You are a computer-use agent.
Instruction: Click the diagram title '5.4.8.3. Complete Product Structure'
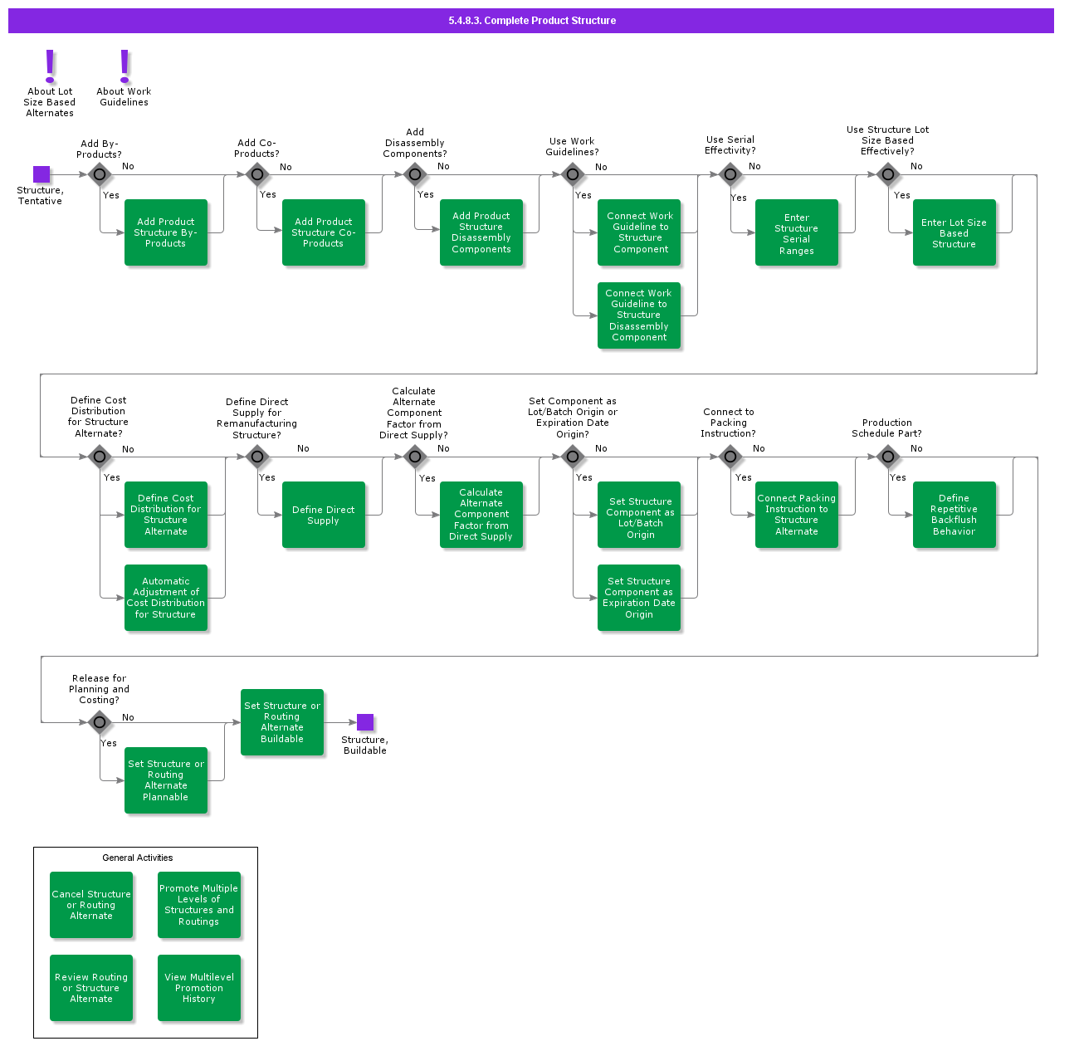click(x=532, y=21)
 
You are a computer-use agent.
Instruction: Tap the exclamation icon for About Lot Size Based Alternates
click(x=50, y=66)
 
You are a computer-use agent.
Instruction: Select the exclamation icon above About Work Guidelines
click(x=124, y=66)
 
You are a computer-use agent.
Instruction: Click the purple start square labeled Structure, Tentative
click(x=41, y=174)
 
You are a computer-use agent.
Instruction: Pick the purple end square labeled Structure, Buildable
click(x=365, y=722)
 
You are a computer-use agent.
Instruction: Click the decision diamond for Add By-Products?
click(x=100, y=174)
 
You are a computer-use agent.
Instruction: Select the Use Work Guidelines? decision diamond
click(x=573, y=174)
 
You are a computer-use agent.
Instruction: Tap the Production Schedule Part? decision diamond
click(x=888, y=457)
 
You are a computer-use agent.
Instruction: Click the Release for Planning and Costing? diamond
click(x=100, y=722)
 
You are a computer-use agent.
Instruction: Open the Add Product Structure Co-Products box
click(x=324, y=232)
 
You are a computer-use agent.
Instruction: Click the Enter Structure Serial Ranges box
click(x=797, y=232)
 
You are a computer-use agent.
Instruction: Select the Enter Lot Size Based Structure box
click(x=954, y=232)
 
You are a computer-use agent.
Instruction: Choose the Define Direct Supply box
click(x=324, y=515)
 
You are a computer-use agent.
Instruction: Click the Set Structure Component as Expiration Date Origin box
click(x=639, y=598)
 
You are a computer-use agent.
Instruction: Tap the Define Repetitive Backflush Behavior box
click(x=954, y=515)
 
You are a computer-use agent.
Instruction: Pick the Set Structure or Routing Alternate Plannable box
click(x=166, y=780)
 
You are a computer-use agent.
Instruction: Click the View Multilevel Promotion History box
click(x=199, y=988)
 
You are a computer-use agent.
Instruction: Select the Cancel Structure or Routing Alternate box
click(x=91, y=905)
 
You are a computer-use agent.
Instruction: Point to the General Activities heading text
click(x=138, y=858)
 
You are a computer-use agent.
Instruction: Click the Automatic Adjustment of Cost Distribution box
click(x=166, y=598)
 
